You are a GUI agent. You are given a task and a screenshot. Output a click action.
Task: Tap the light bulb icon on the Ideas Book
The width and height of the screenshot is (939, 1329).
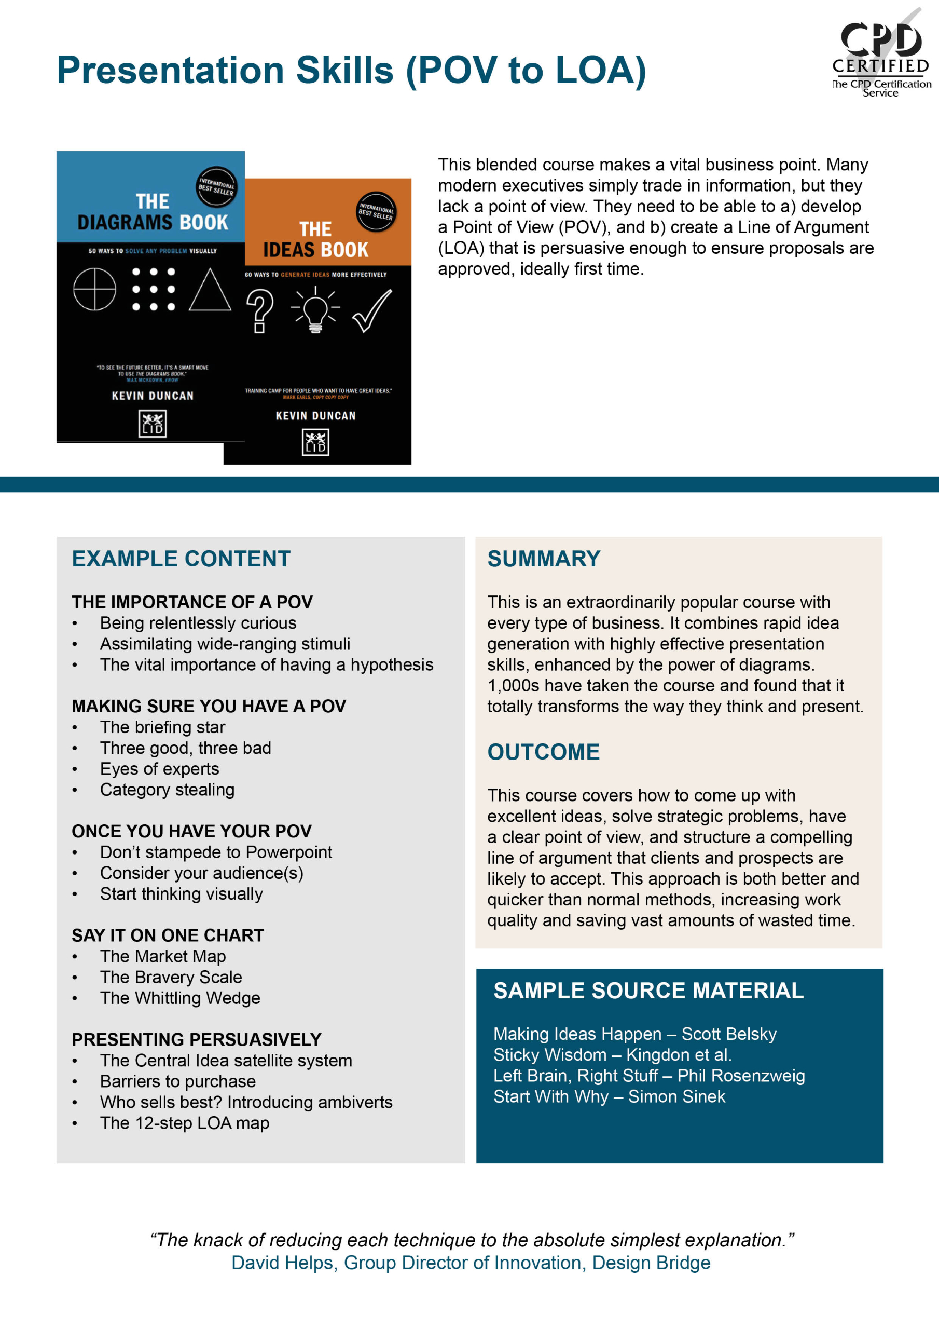(315, 311)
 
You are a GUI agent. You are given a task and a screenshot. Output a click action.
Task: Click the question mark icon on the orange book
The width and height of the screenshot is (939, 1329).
(260, 311)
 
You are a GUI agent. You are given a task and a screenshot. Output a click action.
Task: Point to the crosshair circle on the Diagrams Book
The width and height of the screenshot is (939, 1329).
(94, 289)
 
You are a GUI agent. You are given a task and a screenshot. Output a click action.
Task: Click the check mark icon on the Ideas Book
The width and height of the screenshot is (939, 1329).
(372, 311)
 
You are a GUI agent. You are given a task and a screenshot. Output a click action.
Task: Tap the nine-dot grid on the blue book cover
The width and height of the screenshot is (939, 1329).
(154, 289)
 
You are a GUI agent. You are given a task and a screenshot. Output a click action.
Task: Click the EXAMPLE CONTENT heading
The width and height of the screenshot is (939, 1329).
(181, 559)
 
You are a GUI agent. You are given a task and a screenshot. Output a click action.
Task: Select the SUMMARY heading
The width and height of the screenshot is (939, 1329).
(543, 559)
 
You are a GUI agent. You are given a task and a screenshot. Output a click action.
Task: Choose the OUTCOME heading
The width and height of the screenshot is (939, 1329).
(543, 752)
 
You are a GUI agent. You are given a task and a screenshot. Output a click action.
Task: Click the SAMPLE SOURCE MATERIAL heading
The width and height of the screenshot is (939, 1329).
(648, 991)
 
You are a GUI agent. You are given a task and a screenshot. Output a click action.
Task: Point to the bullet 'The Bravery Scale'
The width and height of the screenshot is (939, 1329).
(171, 977)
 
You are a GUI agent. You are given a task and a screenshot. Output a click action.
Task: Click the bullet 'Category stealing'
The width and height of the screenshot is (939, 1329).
(167, 790)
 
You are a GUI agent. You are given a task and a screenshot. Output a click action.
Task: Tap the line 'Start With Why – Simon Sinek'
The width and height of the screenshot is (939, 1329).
(609, 1096)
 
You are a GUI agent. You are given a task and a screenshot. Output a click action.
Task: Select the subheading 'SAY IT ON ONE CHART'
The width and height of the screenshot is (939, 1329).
(168, 935)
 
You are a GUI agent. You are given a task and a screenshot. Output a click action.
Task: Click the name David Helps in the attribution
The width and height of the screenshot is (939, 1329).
(282, 1263)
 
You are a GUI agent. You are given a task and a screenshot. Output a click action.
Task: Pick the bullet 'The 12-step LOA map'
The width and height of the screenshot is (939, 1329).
(185, 1123)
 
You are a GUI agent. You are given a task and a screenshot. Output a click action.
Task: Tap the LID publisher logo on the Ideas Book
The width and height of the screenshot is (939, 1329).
(315, 442)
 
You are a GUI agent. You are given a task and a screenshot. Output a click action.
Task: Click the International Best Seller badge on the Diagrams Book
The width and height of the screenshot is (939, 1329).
(216, 187)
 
